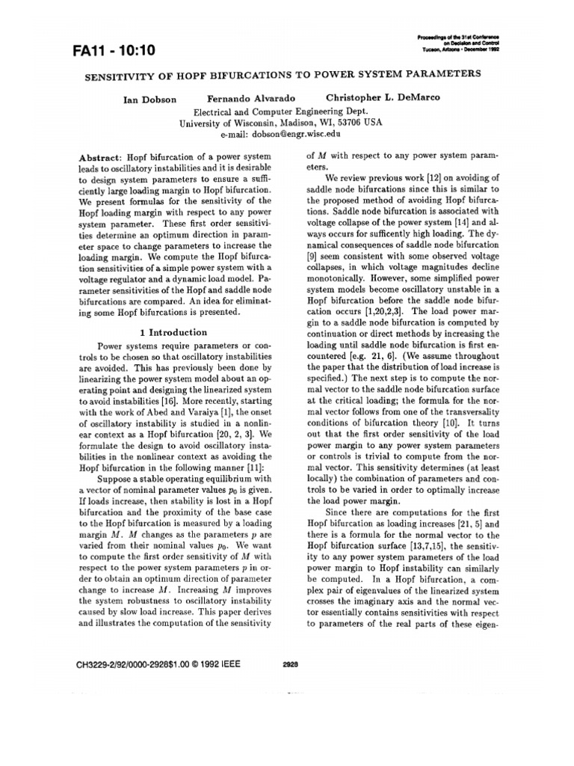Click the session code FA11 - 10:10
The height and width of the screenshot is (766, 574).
114,50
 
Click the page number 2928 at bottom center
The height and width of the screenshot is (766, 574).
292,664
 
